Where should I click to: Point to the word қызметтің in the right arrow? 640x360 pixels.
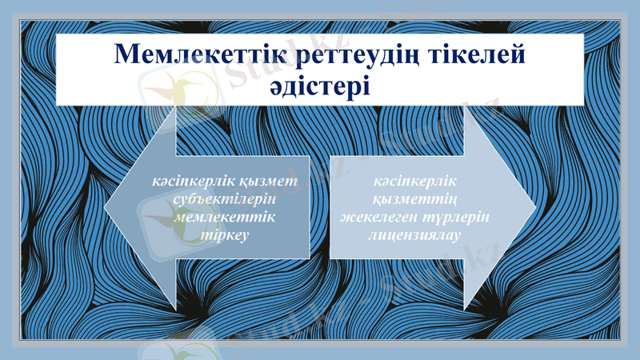(x=414, y=200)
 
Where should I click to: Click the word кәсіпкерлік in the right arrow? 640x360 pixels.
(x=414, y=182)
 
